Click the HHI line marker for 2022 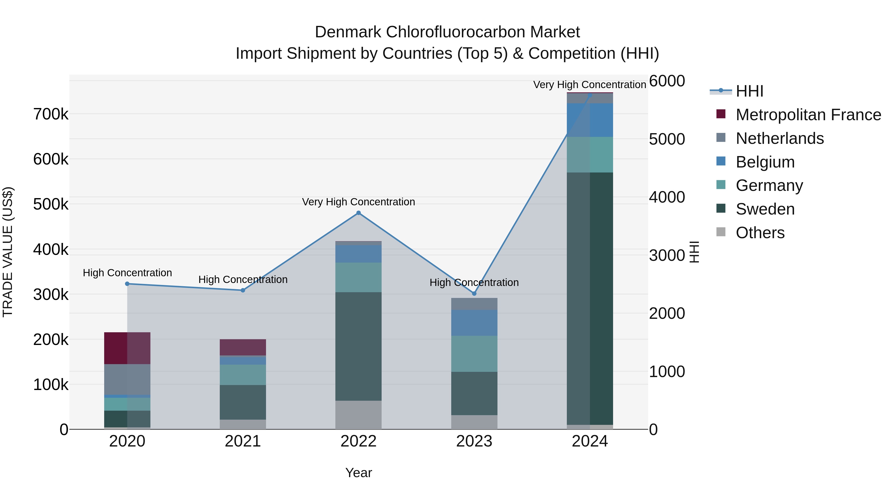358,213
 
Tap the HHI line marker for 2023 474,294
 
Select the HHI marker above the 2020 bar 127,284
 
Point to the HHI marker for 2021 243,290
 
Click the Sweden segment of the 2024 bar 590,298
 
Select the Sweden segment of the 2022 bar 358,346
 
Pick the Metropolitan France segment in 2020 127,348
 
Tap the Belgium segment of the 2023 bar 474,323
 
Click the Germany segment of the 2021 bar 243,375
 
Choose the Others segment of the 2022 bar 358,415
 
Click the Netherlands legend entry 780,138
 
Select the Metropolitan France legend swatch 721,114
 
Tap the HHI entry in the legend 749,91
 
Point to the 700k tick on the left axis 51,114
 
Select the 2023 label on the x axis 474,441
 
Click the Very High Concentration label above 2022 358,202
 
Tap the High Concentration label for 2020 127,273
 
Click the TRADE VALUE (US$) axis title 8,252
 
